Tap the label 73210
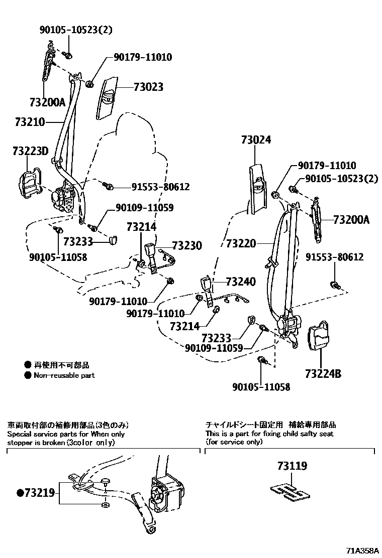(30, 122)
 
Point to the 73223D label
(31, 150)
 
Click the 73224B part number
(323, 373)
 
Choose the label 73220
(241, 244)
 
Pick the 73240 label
(241, 282)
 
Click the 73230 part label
(187, 245)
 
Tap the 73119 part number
(292, 466)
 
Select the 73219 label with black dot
(36, 493)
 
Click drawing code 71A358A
(362, 550)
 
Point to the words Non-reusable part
(64, 375)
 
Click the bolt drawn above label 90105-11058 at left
(58, 230)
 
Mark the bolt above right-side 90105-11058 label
(261, 360)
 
